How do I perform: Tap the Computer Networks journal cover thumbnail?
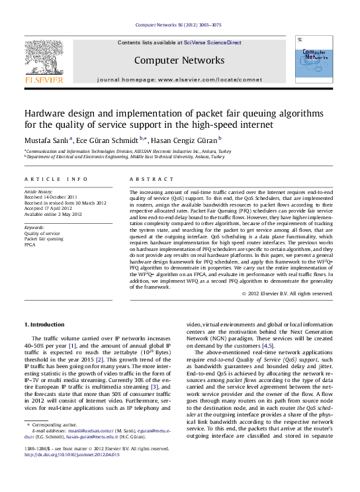(x=315, y=62)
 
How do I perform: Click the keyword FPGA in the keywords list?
(x=30, y=244)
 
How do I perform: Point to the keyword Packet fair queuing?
(x=44, y=239)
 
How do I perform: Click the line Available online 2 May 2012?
(x=53, y=214)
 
